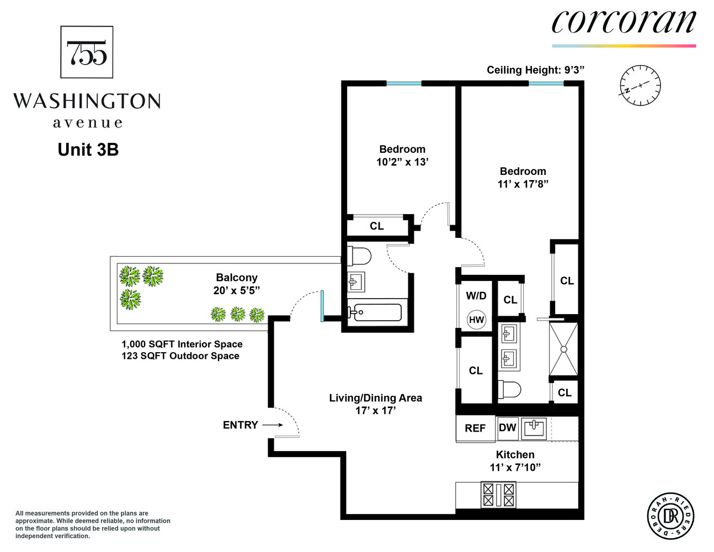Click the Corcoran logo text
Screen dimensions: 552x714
coord(624,22)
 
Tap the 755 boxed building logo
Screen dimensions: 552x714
coord(87,52)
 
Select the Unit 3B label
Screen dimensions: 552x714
coord(88,150)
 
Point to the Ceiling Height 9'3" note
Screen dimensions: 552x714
coord(535,70)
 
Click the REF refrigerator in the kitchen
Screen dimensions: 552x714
coord(475,428)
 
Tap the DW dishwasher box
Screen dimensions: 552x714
coord(507,428)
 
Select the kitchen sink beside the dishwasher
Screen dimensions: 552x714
coord(534,428)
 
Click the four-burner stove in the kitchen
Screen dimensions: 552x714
coord(498,495)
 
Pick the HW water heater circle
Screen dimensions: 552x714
coord(476,320)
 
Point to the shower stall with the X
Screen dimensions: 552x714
coord(563,349)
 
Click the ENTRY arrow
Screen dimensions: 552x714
coord(273,425)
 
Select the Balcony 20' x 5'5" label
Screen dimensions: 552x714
coord(236,284)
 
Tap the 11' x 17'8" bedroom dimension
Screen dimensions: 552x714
coord(523,184)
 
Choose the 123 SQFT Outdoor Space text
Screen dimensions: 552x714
coord(180,356)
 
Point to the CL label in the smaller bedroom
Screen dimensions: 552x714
coord(377,226)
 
